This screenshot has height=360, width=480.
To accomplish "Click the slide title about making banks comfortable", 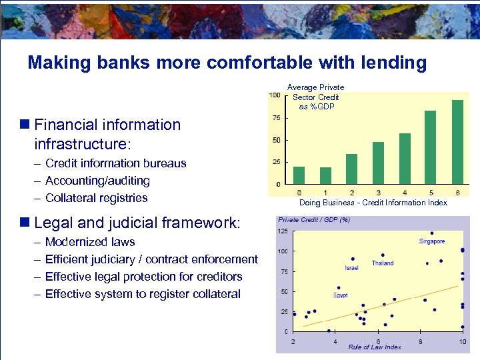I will coord(227,63).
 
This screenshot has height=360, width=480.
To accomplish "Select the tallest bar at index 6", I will coord(457,142).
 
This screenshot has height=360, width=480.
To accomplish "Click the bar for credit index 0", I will coord(299,175).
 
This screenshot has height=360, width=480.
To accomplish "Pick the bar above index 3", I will coord(378,163).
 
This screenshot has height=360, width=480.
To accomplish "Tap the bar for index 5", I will coord(430,147).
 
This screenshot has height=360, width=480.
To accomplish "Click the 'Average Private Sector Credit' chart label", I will coord(316,97).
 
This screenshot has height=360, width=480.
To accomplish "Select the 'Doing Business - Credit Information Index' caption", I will coord(373,203).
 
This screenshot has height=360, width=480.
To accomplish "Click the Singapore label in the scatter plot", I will coord(432,241).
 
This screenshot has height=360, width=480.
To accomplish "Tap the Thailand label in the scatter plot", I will coord(383,263).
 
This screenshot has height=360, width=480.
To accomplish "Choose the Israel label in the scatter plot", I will coord(351,268).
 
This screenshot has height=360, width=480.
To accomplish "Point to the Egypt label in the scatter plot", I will coord(340,295).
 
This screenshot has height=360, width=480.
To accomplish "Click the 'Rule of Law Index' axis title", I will coord(375,347).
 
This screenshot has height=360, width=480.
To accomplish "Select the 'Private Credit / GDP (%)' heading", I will coord(313,220).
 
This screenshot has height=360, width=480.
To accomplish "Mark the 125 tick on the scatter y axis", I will coord(283,231).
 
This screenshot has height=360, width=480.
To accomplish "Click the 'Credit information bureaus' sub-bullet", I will coord(115,163).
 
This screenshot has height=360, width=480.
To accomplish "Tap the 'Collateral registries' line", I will coord(96,198).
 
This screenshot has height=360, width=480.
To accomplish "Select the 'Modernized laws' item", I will coord(89,242).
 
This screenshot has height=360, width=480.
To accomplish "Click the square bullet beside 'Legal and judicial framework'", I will coord(25,222).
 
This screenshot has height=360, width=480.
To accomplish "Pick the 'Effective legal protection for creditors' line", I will coord(143,277).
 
